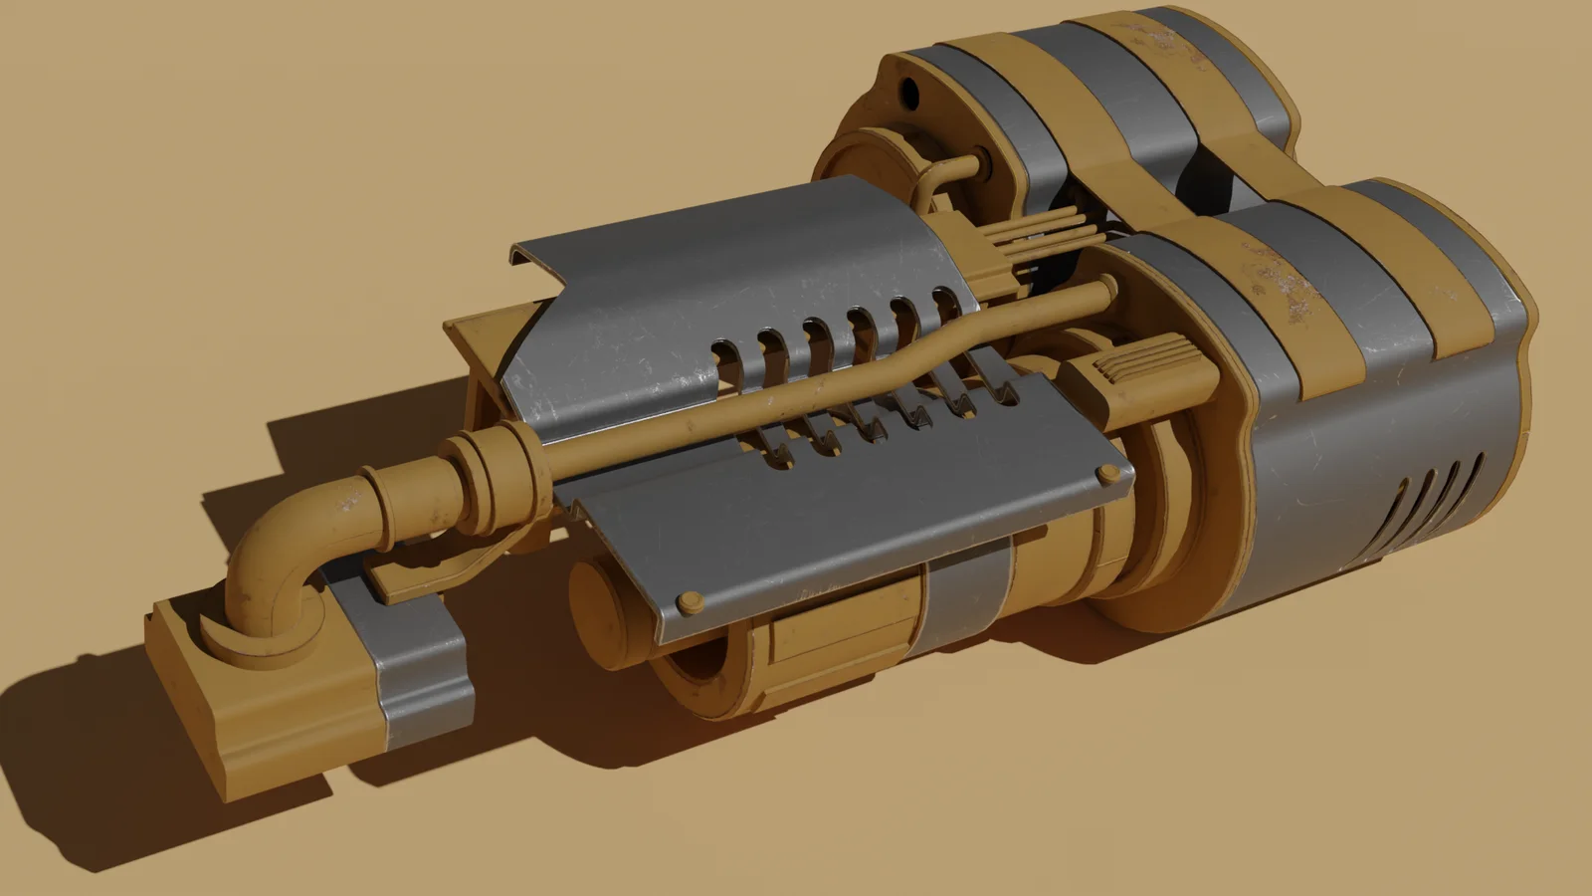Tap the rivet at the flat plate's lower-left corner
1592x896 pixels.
[688, 600]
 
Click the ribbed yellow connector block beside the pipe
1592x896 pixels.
[1144, 368]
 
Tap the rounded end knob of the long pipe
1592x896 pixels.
[1105, 291]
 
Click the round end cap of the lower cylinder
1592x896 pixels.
[597, 607]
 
